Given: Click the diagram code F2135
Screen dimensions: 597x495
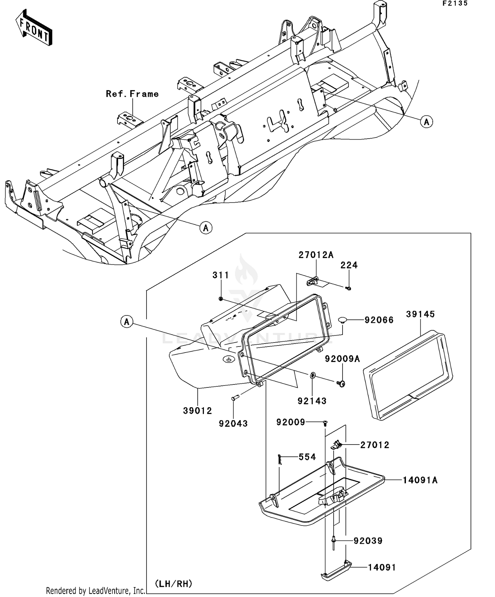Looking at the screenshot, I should pyautogui.click(x=455, y=4).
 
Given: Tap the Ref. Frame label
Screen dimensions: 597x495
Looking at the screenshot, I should pyautogui.click(x=132, y=94).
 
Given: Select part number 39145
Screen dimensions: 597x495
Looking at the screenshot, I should pyautogui.click(x=420, y=314).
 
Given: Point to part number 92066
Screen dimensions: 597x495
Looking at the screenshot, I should pyautogui.click(x=379, y=320).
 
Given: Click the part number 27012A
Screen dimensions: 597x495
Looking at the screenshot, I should pyautogui.click(x=316, y=255).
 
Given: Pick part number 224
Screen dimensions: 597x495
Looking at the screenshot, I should pyautogui.click(x=349, y=265).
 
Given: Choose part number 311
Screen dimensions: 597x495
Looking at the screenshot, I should pyautogui.click(x=220, y=275).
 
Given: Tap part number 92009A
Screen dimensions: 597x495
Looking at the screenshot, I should pyautogui.click(x=342, y=359).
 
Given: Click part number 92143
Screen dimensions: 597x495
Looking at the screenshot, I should pyautogui.click(x=312, y=401).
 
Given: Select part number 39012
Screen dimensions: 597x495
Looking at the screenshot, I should pyautogui.click(x=197, y=411).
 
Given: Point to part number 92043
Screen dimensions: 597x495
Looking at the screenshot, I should pyautogui.click(x=233, y=424).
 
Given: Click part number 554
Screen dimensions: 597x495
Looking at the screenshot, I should pyautogui.click(x=307, y=457).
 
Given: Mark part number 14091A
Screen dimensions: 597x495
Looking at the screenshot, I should pyautogui.click(x=420, y=480).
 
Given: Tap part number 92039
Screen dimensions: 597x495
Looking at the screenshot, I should pyautogui.click(x=368, y=541).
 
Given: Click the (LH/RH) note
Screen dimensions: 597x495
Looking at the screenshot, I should pyautogui.click(x=174, y=584).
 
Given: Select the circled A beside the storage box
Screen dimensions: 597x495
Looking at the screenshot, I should pyautogui.click(x=127, y=321).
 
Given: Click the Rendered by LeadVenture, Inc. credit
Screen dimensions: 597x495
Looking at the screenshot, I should pyautogui.click(x=96, y=590).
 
